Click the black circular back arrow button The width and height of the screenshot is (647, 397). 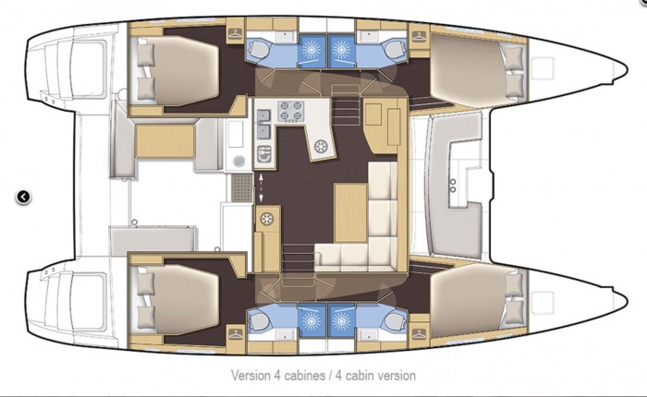(23, 197)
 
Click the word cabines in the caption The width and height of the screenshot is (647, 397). (299, 376)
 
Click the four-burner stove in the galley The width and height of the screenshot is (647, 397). (290, 112)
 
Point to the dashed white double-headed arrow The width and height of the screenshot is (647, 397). (261, 188)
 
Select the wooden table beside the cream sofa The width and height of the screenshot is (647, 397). (350, 212)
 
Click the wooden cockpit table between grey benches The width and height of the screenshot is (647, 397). (165, 141)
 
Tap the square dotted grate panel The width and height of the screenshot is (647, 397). (241, 187)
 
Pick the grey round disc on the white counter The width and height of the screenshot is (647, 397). (238, 162)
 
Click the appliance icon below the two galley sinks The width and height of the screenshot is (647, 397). (264, 154)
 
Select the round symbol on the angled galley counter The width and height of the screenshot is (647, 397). (321, 146)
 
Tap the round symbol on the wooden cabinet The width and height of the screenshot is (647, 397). (266, 219)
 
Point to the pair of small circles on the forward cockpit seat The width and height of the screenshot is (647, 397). (453, 186)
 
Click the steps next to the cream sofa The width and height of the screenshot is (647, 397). (298, 258)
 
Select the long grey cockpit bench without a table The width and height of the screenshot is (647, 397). (153, 240)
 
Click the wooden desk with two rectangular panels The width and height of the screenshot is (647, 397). (382, 126)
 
